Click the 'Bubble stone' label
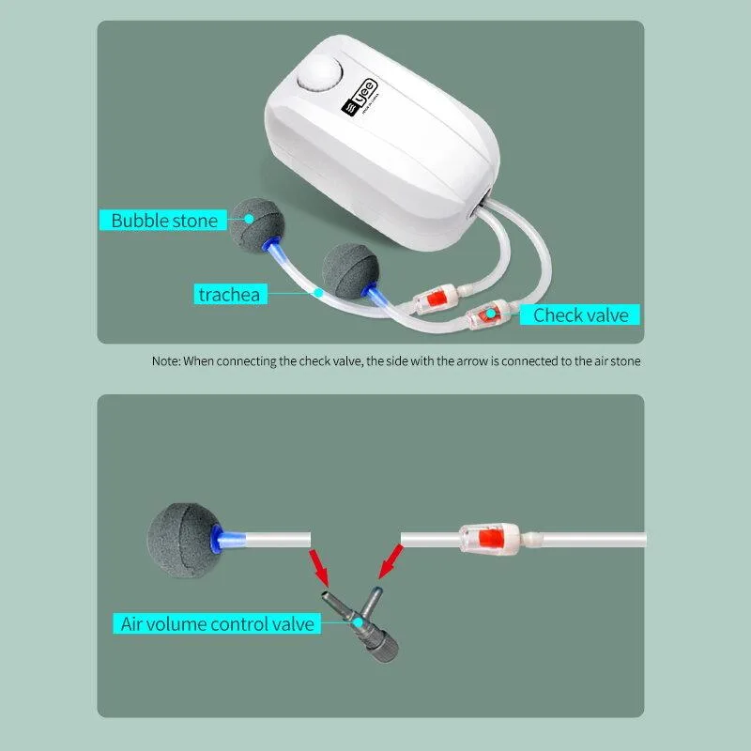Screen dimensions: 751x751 tap(163, 221)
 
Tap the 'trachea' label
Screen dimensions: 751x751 tap(228, 295)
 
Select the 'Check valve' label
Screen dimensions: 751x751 tap(580, 314)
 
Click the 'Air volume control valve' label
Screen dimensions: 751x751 tap(218, 623)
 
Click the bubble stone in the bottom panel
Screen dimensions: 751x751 tap(179, 536)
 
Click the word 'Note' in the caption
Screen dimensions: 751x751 tap(165, 360)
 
